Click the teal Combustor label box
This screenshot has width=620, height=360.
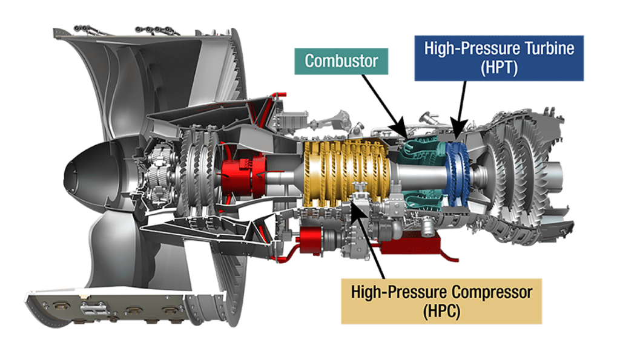point(341,61)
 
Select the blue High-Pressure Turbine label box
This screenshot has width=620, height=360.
point(499,58)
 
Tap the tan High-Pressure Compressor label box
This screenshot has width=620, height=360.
point(441,301)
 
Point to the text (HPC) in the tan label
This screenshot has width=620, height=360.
point(441,312)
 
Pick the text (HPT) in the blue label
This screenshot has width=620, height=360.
point(499,68)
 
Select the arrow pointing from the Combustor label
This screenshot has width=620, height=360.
point(384,106)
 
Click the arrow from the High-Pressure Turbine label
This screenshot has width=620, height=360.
point(460,110)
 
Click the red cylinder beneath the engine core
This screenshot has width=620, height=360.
point(312,240)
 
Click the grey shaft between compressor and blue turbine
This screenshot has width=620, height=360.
point(419,174)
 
